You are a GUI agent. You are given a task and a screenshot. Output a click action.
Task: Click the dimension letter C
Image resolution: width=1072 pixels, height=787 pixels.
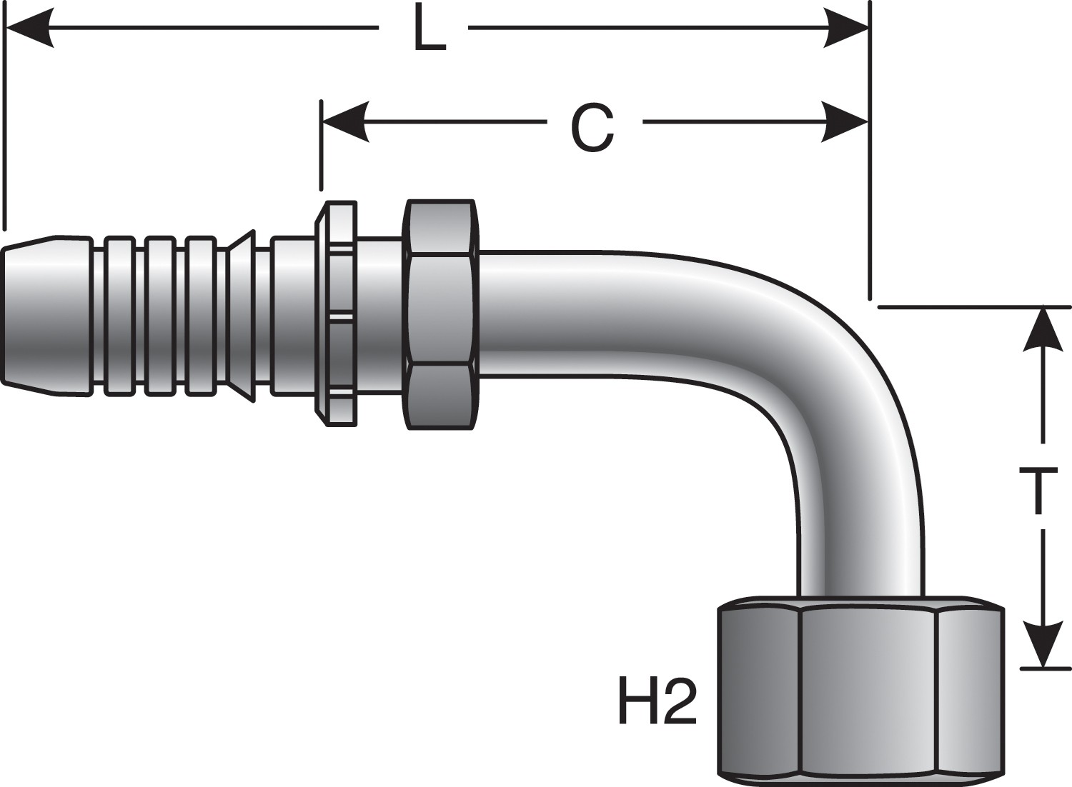click(x=592, y=126)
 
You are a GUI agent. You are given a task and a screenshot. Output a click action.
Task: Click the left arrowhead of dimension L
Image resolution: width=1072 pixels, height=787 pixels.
click(x=29, y=29)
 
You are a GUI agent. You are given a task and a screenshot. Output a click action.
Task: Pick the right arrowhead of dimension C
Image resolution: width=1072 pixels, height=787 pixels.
click(x=845, y=122)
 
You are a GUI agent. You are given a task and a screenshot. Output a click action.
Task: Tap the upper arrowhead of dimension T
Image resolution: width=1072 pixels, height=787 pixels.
click(x=1043, y=329)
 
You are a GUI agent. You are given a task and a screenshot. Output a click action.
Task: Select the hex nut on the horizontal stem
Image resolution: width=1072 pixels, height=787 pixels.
click(x=440, y=314)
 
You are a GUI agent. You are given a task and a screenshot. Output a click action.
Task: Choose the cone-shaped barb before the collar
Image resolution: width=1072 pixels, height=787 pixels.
click(x=242, y=314)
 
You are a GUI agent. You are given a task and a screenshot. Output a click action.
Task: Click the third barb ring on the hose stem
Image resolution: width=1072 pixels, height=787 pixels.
click(x=200, y=314)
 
